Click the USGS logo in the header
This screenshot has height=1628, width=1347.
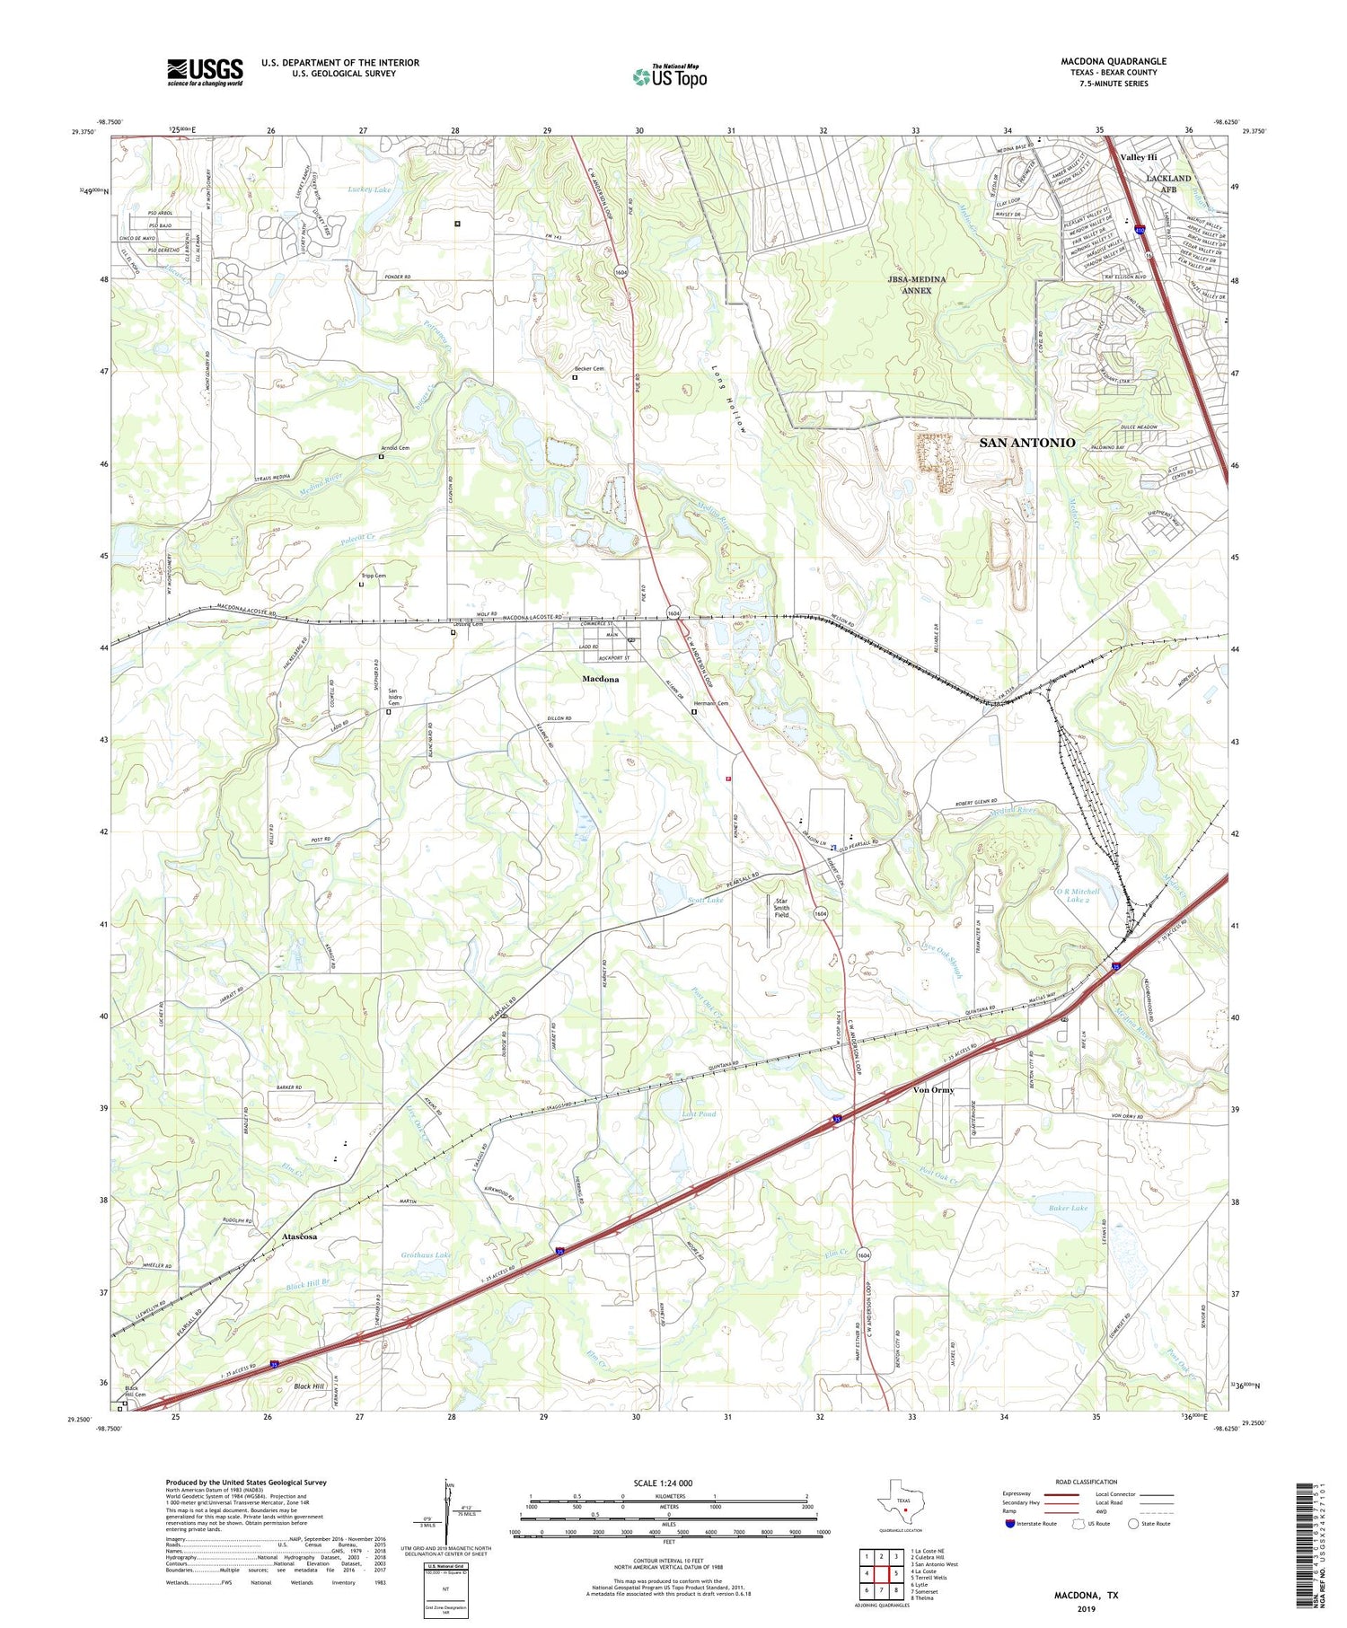tap(205, 72)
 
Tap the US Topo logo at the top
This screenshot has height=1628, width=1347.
tap(669, 76)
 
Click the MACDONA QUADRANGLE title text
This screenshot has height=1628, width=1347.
tap(1114, 61)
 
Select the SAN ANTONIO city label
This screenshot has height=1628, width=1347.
tap(1026, 443)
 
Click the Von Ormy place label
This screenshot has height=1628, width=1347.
tap(933, 1089)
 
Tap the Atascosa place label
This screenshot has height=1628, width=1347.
tap(299, 1236)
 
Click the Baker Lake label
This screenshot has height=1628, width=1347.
tap(1068, 1208)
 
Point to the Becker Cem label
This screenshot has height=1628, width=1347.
tap(589, 368)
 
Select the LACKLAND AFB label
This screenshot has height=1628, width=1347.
tap(1167, 183)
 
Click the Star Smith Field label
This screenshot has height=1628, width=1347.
tap(781, 907)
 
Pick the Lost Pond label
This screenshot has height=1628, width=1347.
tap(699, 1113)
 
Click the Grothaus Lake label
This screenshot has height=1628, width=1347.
tap(426, 1254)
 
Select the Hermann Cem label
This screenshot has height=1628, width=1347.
tap(709, 703)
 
